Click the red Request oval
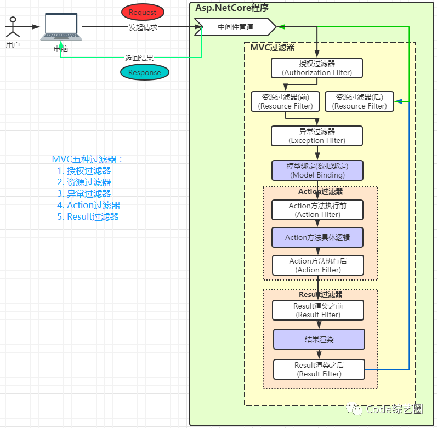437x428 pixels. point(143,12)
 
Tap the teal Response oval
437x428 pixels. point(145,72)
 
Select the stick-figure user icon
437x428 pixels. point(13,27)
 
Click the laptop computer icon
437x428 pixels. point(61,27)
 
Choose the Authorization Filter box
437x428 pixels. point(317,68)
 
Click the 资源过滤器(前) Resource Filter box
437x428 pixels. point(285,101)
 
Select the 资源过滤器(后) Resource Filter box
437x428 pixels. point(360,101)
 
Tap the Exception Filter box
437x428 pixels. point(317,136)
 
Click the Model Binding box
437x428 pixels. point(317,170)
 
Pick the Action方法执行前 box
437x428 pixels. point(317,210)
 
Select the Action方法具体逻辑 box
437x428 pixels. point(317,237)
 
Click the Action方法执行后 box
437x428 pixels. point(318,265)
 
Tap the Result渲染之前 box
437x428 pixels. point(318,310)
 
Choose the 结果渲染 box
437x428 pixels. point(319,339)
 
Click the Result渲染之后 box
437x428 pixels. point(319,369)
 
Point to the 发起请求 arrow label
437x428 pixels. point(143,27)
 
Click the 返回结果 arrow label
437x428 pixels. point(139,58)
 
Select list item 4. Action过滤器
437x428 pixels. point(89,205)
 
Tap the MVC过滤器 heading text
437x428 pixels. point(273,47)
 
